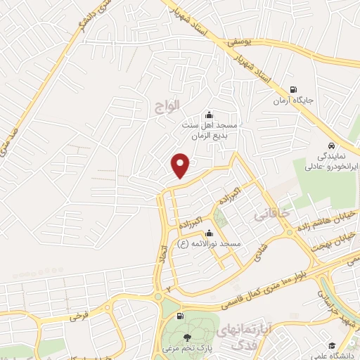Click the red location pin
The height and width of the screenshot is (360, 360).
181,166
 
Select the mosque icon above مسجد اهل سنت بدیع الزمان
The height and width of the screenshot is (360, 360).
208,115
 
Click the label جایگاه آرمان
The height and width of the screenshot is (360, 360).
293,101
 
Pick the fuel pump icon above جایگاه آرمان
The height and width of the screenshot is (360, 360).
293,89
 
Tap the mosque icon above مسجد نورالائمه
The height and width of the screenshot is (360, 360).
208,233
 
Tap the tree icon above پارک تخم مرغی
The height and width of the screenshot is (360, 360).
187,339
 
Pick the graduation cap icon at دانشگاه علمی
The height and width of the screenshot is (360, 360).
331,345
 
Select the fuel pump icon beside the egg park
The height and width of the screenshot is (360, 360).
181,316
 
